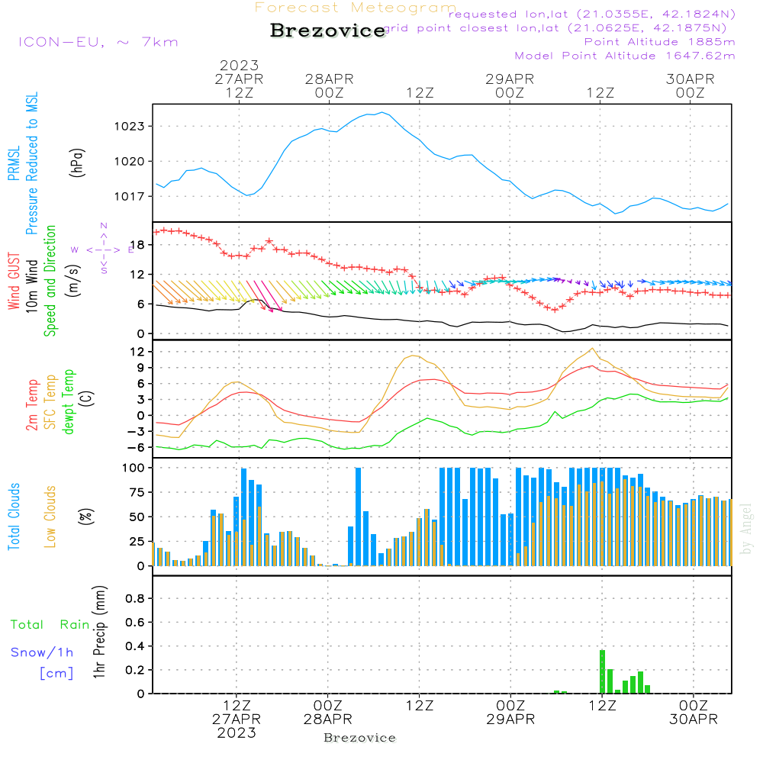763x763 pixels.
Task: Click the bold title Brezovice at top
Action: coord(327,31)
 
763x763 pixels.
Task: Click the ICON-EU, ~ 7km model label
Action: coord(98,42)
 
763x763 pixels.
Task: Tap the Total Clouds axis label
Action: coord(14,517)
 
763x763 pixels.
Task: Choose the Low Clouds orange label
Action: coord(50,517)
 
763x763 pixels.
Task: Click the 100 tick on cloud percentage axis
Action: coord(132,467)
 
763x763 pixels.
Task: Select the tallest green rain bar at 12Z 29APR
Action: coord(602,671)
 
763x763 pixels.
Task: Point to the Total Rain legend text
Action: coord(50,625)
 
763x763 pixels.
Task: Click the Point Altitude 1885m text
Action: coord(659,42)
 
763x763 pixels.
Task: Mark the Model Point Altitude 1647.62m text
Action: coord(624,56)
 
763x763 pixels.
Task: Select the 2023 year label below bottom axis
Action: coord(237,732)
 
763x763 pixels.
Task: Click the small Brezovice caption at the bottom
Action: coord(359,738)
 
